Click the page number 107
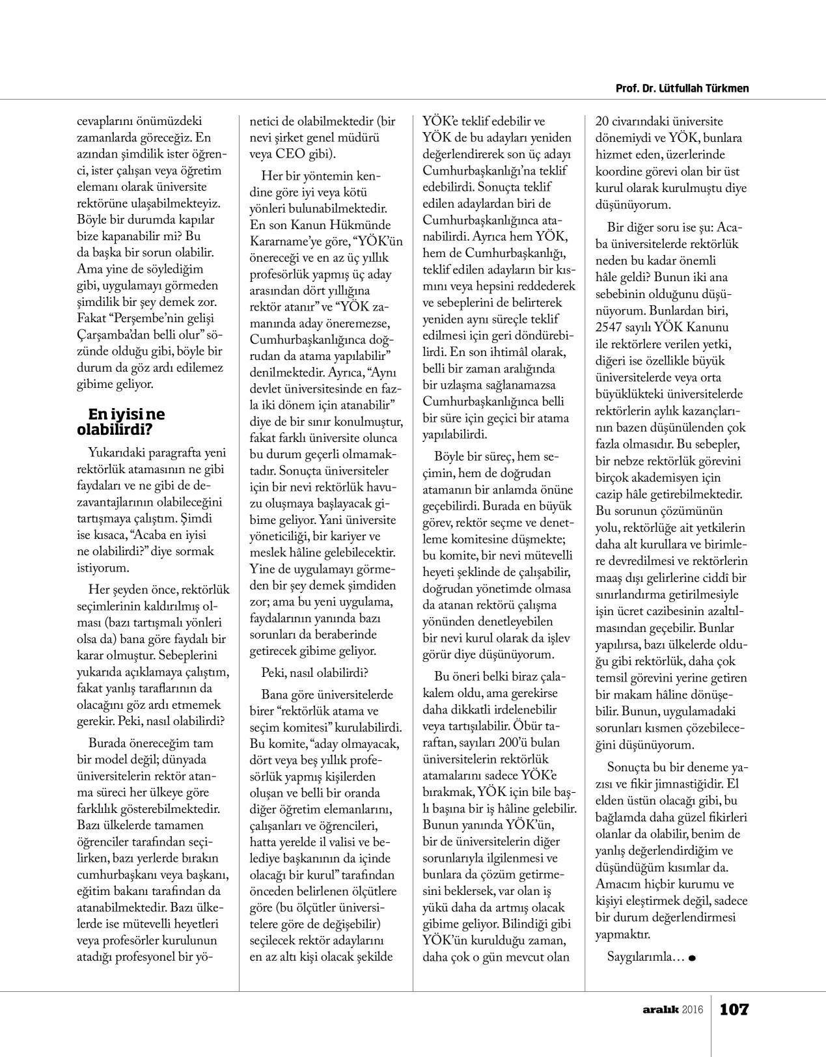[734, 1009]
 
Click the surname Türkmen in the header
[727, 89]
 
